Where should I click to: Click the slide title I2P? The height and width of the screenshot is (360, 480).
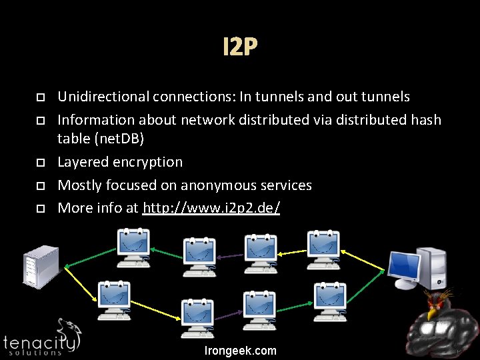[240, 47]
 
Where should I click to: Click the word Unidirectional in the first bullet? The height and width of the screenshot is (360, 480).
[103, 97]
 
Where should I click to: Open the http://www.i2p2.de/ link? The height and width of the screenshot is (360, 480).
[211, 207]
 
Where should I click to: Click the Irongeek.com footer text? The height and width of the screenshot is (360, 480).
[240, 351]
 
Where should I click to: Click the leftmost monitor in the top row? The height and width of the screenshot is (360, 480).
[133, 249]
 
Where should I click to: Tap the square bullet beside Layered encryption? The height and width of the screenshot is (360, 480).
[41, 163]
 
